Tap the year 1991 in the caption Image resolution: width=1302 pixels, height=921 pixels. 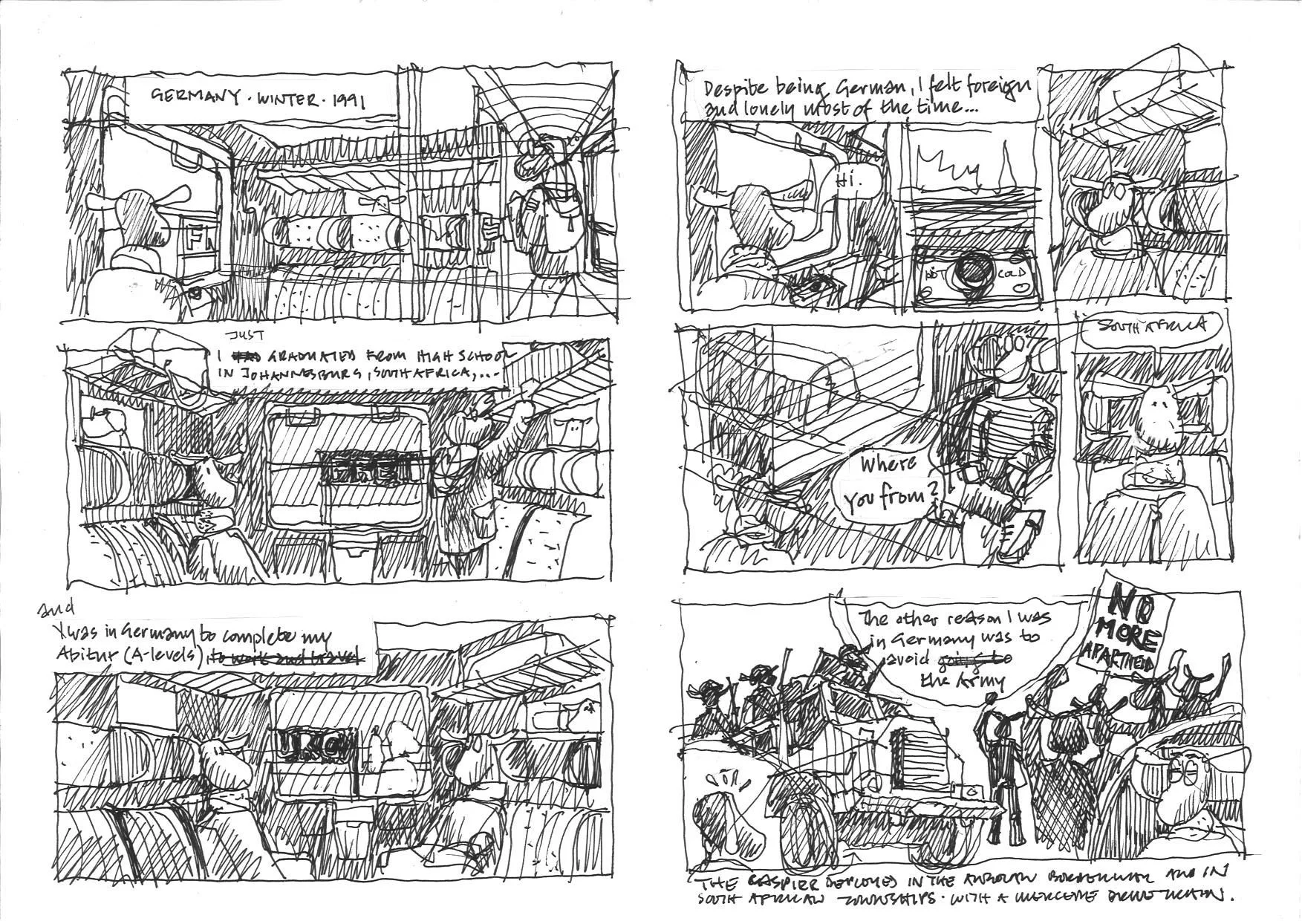[347, 100]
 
